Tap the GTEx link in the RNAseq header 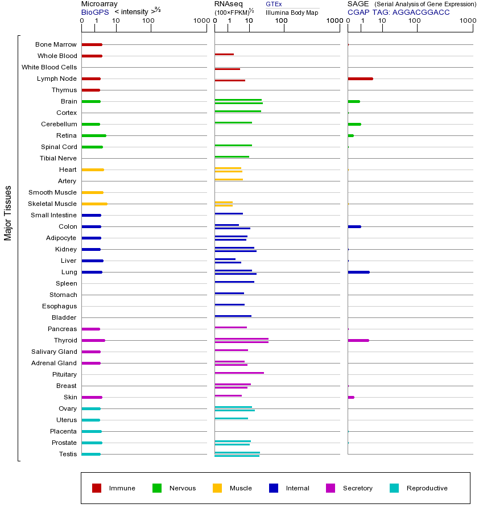pyautogui.click(x=274, y=4)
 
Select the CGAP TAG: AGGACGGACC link pyautogui.click(x=398, y=12)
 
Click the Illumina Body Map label pyautogui.click(x=292, y=12)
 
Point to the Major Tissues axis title pyautogui.click(x=8, y=213)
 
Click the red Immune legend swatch pyautogui.click(x=97, y=488)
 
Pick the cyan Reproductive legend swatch pyautogui.click(x=394, y=488)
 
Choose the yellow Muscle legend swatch pyautogui.click(x=217, y=488)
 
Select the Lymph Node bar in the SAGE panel pyautogui.click(x=360, y=79)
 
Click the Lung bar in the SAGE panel pyautogui.click(x=358, y=272)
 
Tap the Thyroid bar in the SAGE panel pyautogui.click(x=358, y=340)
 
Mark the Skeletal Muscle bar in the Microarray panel pyautogui.click(x=94, y=204)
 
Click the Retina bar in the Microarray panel pyautogui.click(x=93, y=135)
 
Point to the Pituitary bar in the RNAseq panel pyautogui.click(x=239, y=373)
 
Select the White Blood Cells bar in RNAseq pyautogui.click(x=227, y=69)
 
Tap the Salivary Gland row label pyautogui.click(x=54, y=352)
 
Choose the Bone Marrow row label pyautogui.click(x=56, y=44)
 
